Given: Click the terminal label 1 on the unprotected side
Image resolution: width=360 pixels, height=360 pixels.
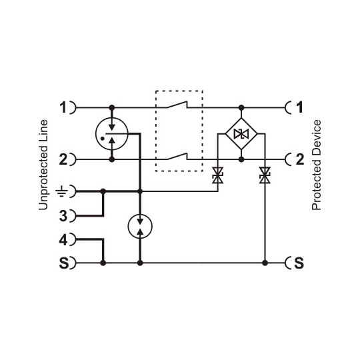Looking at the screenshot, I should (63, 107).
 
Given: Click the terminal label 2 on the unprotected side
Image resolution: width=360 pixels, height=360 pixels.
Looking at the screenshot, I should (63, 160).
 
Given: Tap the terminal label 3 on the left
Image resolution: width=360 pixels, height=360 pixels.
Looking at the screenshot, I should (63, 216).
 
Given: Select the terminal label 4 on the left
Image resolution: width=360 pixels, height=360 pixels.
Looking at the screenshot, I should (63, 238).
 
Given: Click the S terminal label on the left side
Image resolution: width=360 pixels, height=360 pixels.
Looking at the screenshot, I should (63, 263).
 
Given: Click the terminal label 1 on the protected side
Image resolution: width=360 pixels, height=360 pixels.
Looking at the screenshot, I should (300, 107).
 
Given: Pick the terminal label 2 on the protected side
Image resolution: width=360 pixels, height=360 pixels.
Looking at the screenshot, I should (300, 160).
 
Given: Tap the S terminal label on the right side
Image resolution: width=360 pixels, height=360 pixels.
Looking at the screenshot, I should (299, 263).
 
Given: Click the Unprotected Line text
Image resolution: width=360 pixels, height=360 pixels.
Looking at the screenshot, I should (43, 165).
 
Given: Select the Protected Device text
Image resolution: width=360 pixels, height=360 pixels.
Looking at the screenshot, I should (317, 165).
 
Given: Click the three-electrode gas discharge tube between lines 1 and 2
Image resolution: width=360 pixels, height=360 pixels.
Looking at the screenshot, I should (112, 133).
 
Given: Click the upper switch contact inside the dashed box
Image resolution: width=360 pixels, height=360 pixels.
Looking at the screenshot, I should (178, 105).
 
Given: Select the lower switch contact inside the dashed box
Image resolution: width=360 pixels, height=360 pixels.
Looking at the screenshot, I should (178, 157).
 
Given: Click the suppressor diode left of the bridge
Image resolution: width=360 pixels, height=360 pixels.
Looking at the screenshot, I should (217, 176).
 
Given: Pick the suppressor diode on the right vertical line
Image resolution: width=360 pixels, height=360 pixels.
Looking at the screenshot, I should (265, 176).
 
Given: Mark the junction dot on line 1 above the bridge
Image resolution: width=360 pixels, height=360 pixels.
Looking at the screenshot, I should (241, 107).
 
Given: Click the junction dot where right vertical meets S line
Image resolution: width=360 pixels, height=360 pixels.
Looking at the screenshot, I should (265, 263).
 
